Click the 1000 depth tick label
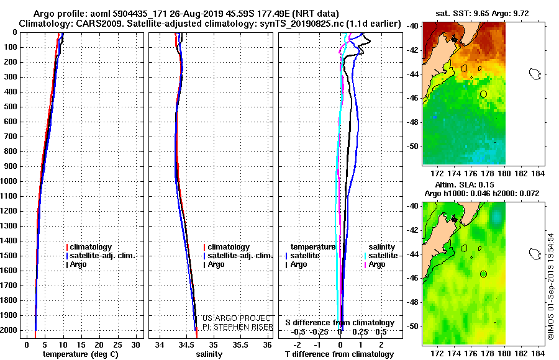11,181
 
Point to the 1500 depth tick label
11,256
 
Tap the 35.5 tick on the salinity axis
240,344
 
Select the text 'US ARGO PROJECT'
237,317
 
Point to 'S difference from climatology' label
340,323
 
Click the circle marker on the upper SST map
483,94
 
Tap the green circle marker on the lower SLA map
483,274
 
